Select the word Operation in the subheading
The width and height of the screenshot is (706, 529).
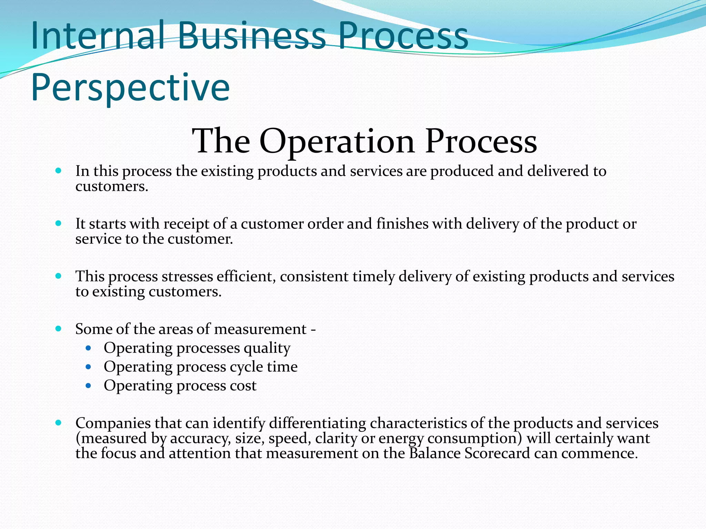click(x=337, y=141)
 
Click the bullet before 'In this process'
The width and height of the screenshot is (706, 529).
click(x=58, y=170)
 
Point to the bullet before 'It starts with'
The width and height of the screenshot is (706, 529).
click(x=58, y=223)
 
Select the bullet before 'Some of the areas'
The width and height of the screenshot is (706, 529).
click(x=58, y=329)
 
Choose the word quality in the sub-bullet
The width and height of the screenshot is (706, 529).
click(x=267, y=349)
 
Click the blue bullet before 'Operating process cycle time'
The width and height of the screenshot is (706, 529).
click(x=89, y=367)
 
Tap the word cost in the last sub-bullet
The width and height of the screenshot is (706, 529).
click(x=243, y=386)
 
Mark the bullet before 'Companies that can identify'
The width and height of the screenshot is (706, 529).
click(x=58, y=423)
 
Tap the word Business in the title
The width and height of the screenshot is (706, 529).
click(x=251, y=35)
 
